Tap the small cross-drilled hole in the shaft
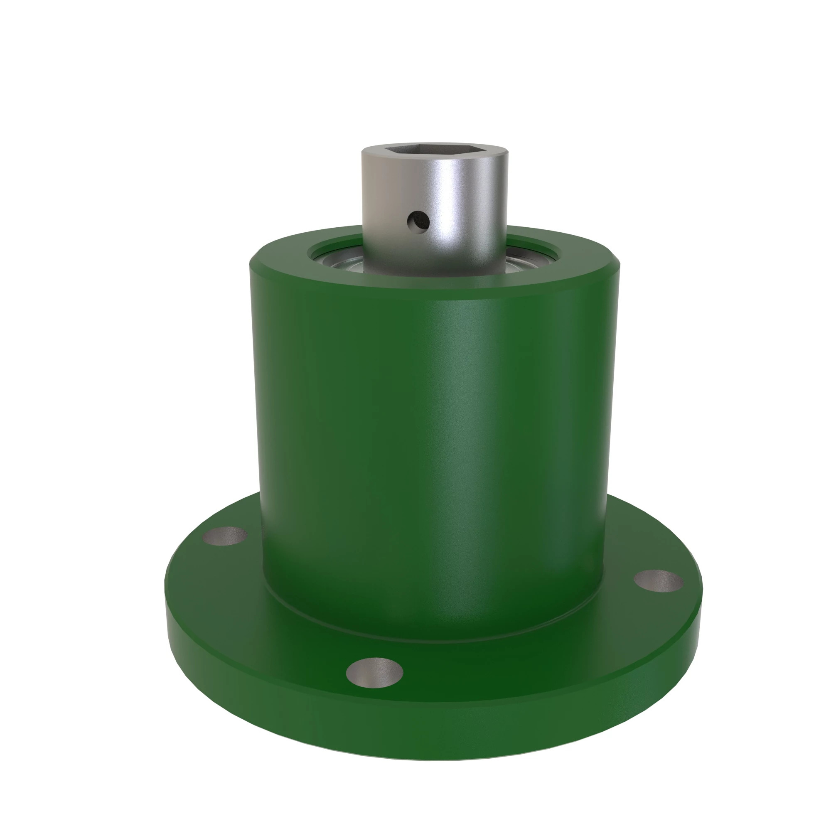(x=418, y=220)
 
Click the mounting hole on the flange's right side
(x=658, y=581)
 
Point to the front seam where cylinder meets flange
(x=430, y=642)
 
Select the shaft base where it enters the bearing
(x=435, y=272)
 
